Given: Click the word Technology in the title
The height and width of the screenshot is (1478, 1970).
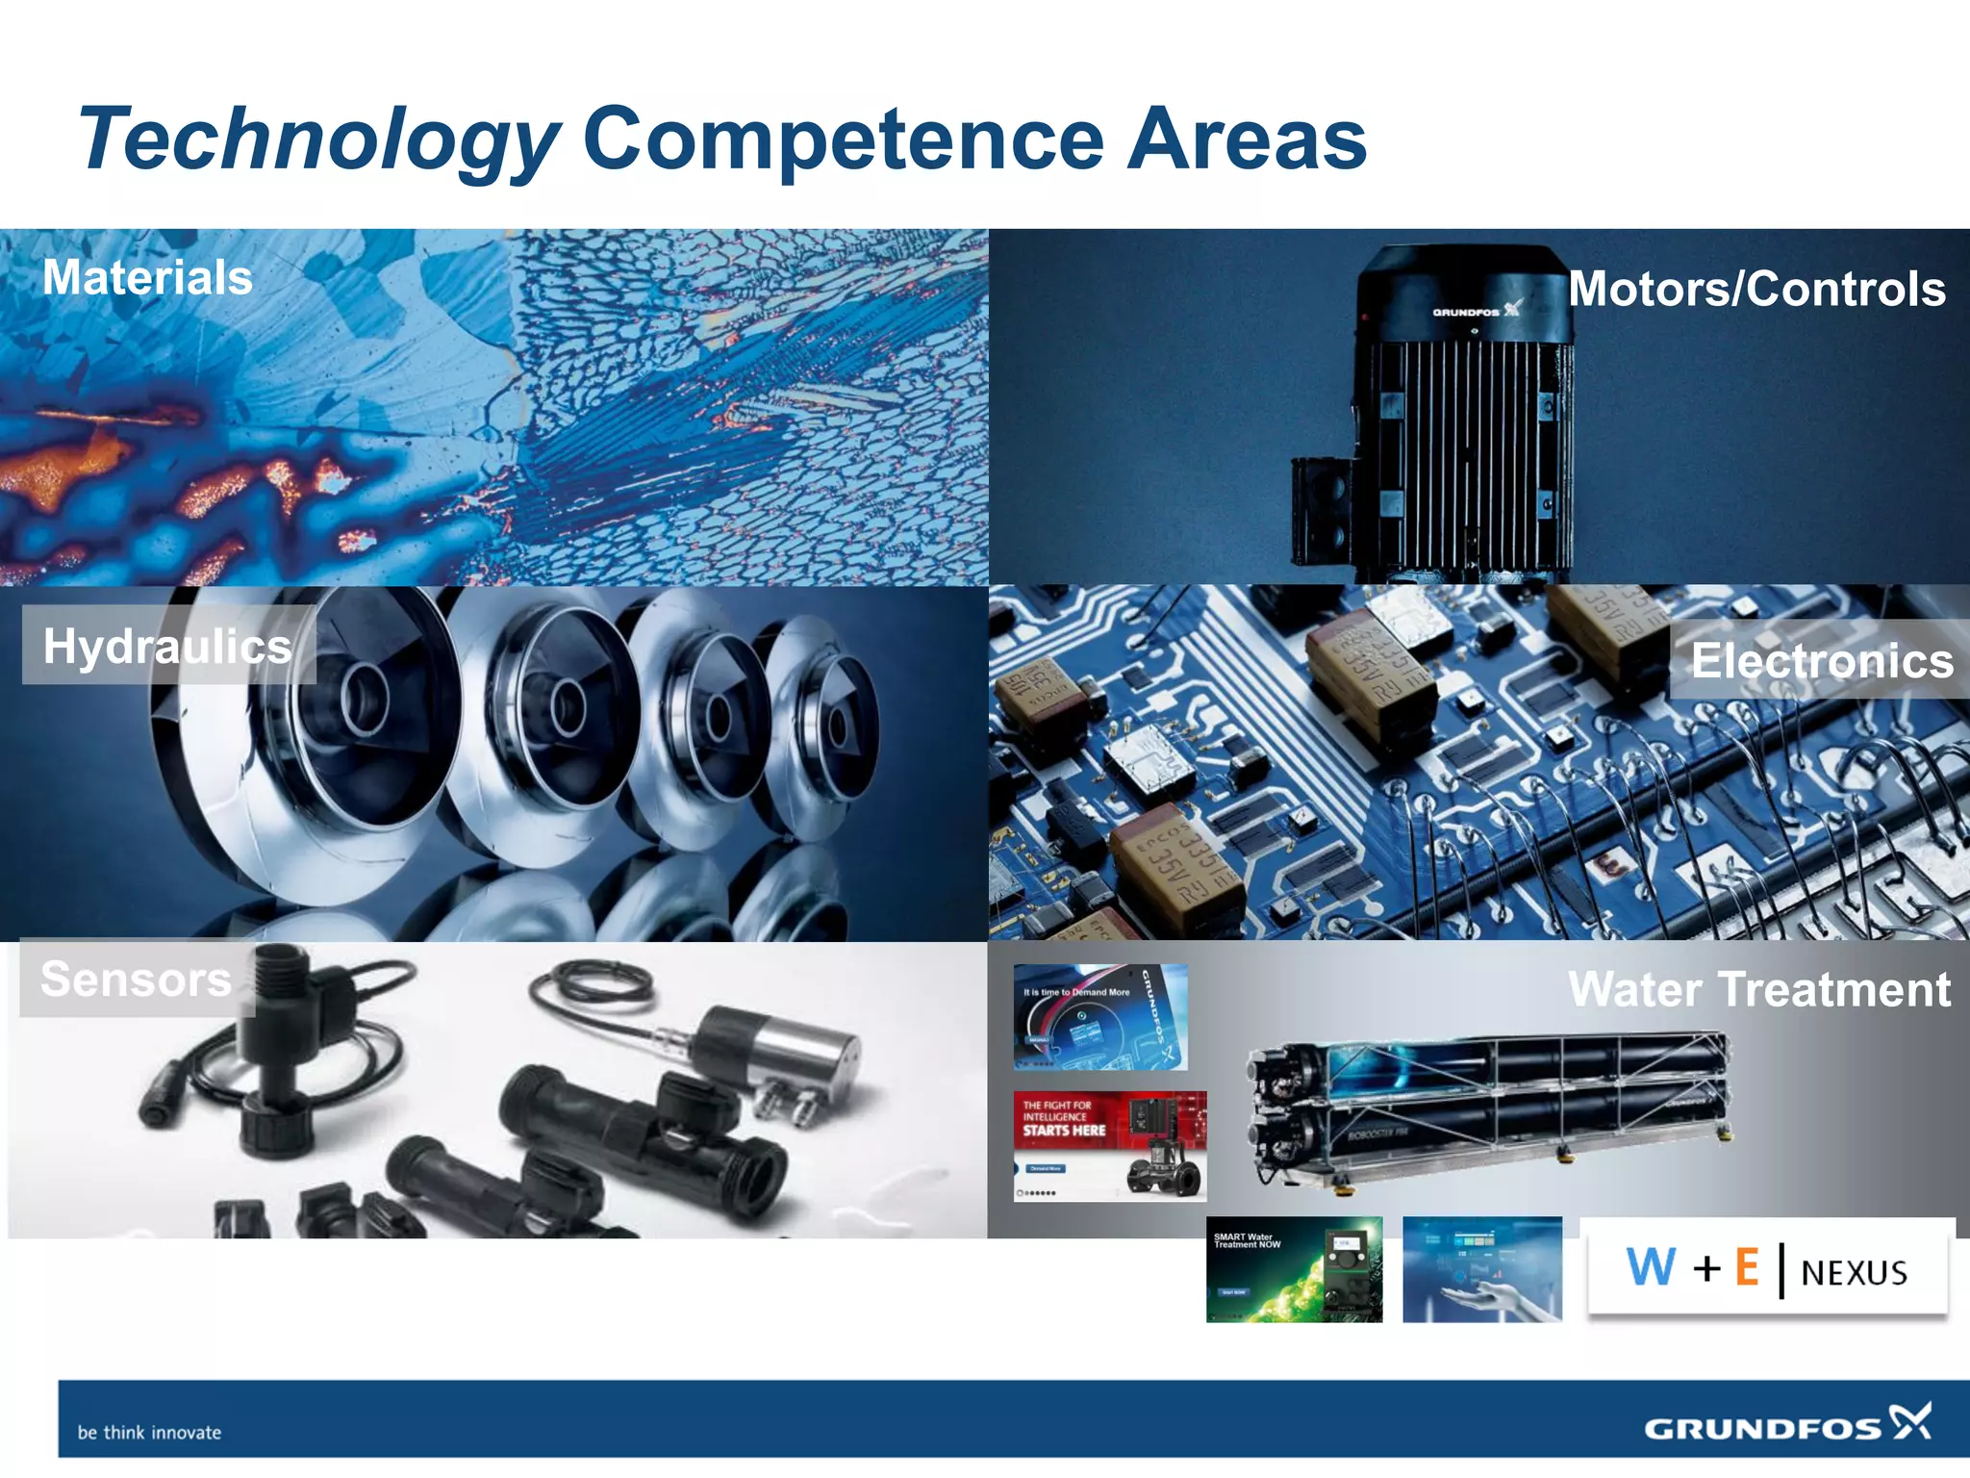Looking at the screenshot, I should coord(317,140).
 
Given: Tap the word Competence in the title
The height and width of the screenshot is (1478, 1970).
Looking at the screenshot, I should coord(843,139).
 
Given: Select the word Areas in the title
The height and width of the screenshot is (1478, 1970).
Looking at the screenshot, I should coord(1247,139).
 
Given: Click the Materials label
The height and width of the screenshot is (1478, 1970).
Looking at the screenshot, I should coord(147,277).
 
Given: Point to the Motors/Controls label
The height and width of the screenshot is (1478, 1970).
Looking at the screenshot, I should coord(1756,289).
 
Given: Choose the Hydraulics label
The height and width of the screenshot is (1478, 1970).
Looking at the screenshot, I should coord(167,646).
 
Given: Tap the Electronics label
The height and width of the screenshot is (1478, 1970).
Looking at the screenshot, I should coord(1822,660).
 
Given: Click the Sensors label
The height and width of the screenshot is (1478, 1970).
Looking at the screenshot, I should coord(136,980).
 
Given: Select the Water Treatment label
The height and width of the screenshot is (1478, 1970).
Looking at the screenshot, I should coord(1759,989).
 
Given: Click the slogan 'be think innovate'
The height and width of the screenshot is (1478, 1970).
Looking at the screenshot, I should coord(149,1432).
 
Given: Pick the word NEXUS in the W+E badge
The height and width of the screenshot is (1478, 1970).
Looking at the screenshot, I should coord(1854,1273).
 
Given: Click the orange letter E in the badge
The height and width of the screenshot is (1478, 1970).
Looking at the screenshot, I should coord(1747,1267).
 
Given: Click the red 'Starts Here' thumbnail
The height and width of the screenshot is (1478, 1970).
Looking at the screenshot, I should coord(1109,1145).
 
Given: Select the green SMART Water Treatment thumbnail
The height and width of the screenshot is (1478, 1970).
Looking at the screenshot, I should coord(1294,1269).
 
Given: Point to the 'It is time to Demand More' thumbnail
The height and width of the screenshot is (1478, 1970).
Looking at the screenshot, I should coord(1100,1017).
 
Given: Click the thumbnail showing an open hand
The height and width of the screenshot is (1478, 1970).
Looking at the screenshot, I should coord(1481,1269).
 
